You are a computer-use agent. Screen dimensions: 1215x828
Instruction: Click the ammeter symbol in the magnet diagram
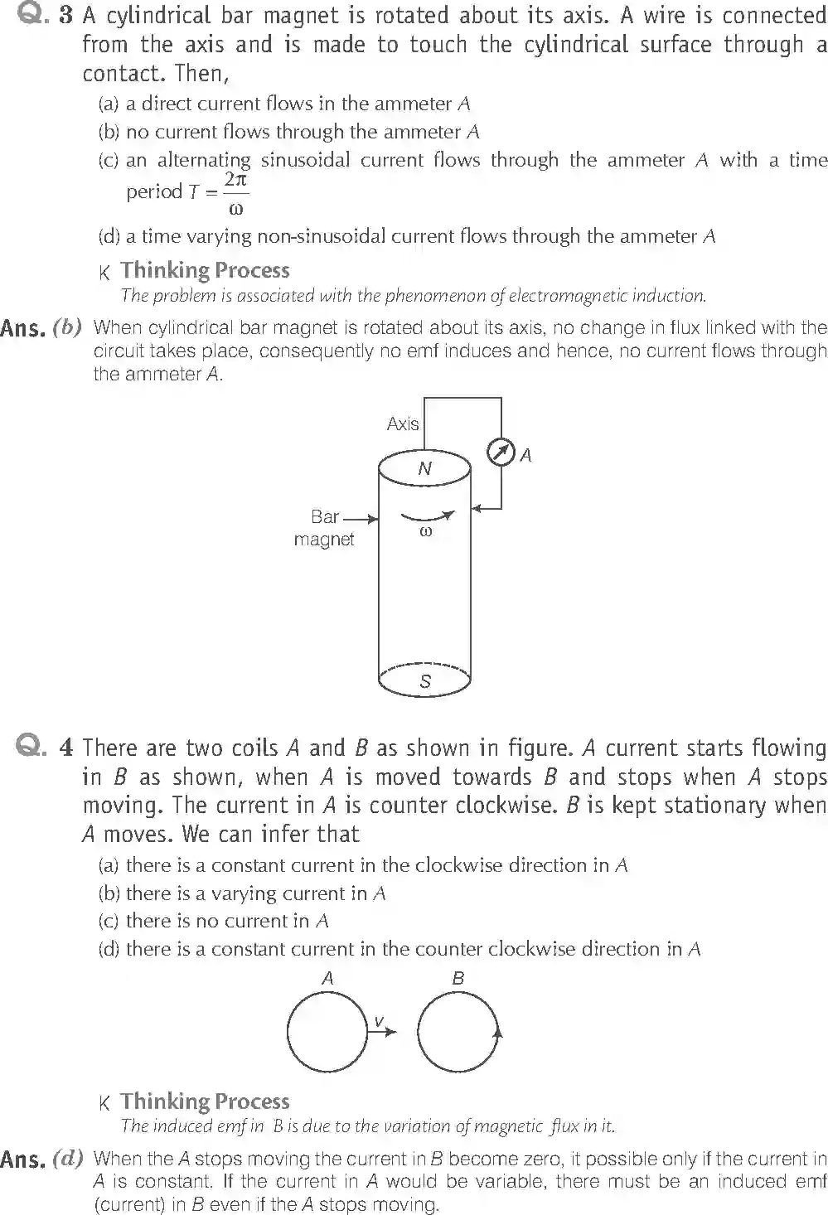click(x=501, y=453)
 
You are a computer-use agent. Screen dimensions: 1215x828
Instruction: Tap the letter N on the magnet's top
click(x=425, y=468)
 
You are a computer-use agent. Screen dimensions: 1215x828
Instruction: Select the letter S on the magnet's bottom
click(x=425, y=681)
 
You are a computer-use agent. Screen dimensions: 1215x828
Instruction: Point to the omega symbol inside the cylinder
click(x=426, y=532)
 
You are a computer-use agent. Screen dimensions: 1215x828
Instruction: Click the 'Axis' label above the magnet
click(x=403, y=424)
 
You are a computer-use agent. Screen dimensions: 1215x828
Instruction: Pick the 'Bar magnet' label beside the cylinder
click(x=324, y=528)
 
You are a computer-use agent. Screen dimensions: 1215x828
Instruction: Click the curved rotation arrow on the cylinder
click(x=427, y=517)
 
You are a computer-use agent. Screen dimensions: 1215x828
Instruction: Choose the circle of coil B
click(x=458, y=1032)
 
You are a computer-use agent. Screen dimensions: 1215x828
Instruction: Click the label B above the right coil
click(x=458, y=978)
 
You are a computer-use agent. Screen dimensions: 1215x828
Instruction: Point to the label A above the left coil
click(x=327, y=978)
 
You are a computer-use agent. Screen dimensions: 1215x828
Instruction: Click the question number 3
click(x=65, y=17)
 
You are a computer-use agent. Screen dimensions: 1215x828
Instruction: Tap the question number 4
click(x=65, y=748)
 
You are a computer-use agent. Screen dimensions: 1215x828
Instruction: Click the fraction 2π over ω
click(x=236, y=193)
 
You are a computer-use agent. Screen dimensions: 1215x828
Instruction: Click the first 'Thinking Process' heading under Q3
click(x=205, y=270)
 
